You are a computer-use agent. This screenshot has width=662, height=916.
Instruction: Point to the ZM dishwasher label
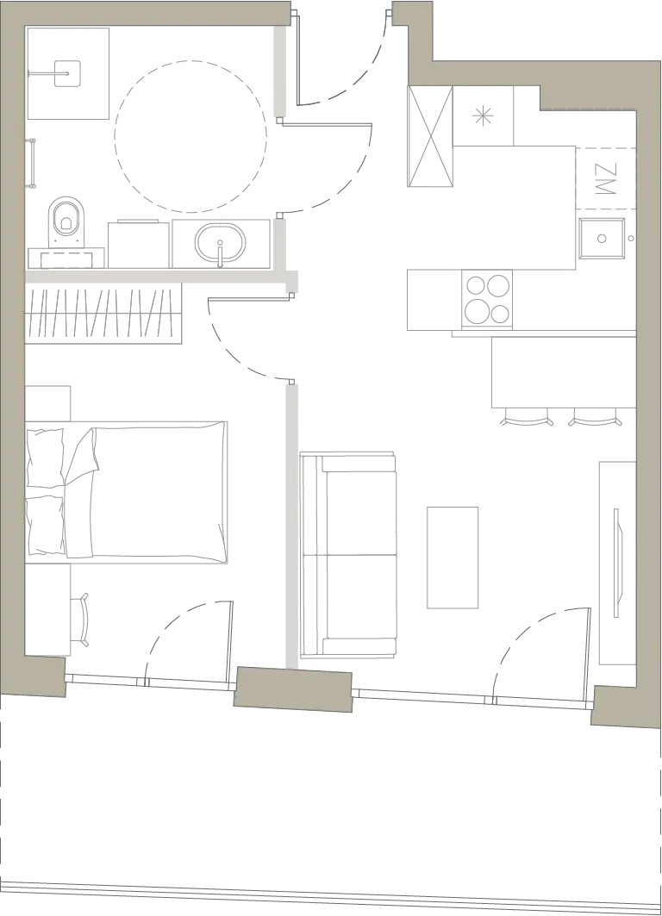(x=605, y=178)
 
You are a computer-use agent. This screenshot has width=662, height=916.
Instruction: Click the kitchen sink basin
(x=602, y=238)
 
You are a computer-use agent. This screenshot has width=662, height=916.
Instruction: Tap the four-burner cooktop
(x=487, y=299)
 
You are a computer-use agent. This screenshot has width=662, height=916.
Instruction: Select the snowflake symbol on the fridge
(x=483, y=115)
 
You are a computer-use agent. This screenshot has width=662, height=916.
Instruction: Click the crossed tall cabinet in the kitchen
(x=430, y=137)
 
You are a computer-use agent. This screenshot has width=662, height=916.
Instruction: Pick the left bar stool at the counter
(x=528, y=417)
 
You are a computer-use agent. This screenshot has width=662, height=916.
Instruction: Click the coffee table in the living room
(x=453, y=558)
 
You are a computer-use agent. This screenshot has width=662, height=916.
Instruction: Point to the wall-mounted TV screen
(x=617, y=563)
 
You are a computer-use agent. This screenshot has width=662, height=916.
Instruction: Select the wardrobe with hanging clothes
(x=103, y=314)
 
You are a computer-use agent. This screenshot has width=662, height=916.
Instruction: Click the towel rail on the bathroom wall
(x=33, y=164)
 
